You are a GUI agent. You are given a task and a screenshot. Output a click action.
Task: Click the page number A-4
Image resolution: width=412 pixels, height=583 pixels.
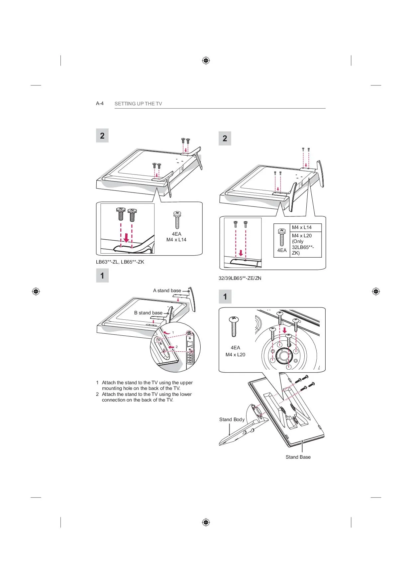click(x=100, y=103)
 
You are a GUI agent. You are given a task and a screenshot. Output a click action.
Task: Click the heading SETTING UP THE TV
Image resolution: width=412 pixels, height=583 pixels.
click(x=138, y=104)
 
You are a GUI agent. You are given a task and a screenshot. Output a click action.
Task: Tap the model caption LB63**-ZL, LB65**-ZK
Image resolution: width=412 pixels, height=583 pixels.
click(x=120, y=262)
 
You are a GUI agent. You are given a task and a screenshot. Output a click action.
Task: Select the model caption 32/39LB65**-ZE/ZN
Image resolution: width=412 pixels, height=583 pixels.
click(x=240, y=278)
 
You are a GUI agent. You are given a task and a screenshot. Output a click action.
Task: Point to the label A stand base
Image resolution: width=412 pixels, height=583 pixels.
click(x=167, y=291)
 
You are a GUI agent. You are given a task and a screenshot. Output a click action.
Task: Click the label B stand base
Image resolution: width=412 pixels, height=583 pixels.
click(x=148, y=313)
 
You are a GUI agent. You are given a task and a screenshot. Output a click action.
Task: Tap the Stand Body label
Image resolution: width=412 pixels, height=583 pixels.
click(x=232, y=419)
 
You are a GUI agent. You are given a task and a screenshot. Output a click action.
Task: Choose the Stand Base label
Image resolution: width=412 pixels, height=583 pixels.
click(x=298, y=457)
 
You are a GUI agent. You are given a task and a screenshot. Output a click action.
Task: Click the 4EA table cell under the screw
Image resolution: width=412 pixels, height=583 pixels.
click(x=282, y=240)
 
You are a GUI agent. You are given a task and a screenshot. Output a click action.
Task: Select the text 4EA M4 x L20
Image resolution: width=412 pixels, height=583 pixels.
click(x=235, y=351)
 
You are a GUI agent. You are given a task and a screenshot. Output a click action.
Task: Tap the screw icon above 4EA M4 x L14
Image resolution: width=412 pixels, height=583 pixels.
click(x=177, y=220)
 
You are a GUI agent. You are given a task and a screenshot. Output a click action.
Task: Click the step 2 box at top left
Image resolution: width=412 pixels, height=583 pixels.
click(x=102, y=136)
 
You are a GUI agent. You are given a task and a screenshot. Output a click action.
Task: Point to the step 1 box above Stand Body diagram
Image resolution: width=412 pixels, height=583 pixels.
click(x=225, y=296)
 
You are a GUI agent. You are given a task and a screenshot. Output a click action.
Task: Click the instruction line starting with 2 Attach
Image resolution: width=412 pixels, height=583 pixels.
click(x=144, y=397)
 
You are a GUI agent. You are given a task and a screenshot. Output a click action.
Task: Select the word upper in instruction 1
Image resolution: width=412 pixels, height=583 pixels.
click(x=186, y=383)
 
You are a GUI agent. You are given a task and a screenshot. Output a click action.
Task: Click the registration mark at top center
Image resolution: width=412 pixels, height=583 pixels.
click(x=206, y=60)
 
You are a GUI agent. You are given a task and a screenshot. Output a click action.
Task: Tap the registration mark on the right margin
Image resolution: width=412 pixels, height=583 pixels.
click(x=376, y=291)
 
